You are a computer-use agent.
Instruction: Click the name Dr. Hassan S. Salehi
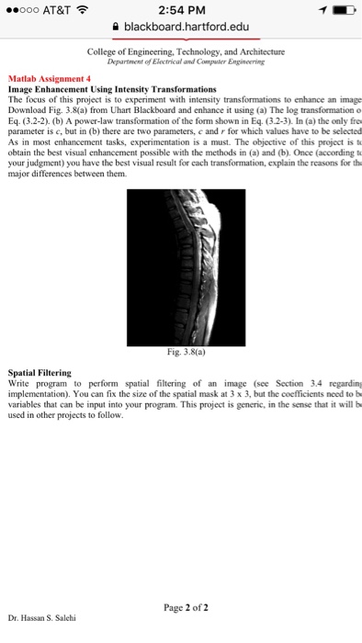point(44,617)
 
